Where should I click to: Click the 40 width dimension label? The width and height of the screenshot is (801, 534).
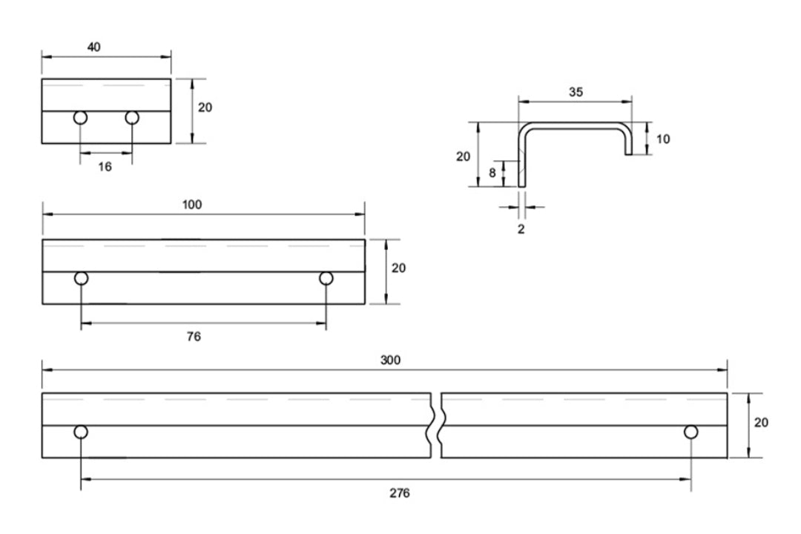pyautogui.click(x=94, y=47)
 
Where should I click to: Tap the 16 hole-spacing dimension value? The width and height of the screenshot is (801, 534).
pyautogui.click(x=105, y=167)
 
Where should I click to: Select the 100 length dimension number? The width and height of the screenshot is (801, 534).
pyautogui.click(x=191, y=205)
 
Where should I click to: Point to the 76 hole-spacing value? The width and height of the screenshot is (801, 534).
pyautogui.click(x=194, y=337)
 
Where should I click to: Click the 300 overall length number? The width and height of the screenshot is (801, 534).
pyautogui.click(x=390, y=360)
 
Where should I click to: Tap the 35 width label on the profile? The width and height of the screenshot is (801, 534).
pyautogui.click(x=576, y=93)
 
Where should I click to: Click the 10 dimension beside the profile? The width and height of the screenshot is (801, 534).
pyautogui.click(x=662, y=139)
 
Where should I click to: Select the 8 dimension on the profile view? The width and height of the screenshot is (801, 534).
pyautogui.click(x=492, y=174)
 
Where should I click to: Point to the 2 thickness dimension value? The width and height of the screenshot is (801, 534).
pyautogui.click(x=521, y=229)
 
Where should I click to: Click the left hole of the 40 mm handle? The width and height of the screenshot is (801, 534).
pyautogui.click(x=81, y=118)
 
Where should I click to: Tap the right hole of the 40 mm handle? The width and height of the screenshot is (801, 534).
pyautogui.click(x=132, y=118)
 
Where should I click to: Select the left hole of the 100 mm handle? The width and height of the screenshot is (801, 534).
pyautogui.click(x=82, y=278)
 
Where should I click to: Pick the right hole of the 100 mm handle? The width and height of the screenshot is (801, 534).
pyautogui.click(x=326, y=278)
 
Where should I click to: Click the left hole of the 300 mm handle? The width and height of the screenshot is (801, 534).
pyautogui.click(x=81, y=432)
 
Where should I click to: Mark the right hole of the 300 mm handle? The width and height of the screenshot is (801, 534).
pyautogui.click(x=691, y=432)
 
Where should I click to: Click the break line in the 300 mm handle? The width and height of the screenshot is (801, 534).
pyautogui.click(x=436, y=426)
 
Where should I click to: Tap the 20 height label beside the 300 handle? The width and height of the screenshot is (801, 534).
pyautogui.click(x=761, y=423)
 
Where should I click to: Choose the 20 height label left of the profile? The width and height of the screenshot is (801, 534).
pyautogui.click(x=464, y=156)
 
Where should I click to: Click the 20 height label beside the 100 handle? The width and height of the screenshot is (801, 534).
pyautogui.click(x=398, y=268)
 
